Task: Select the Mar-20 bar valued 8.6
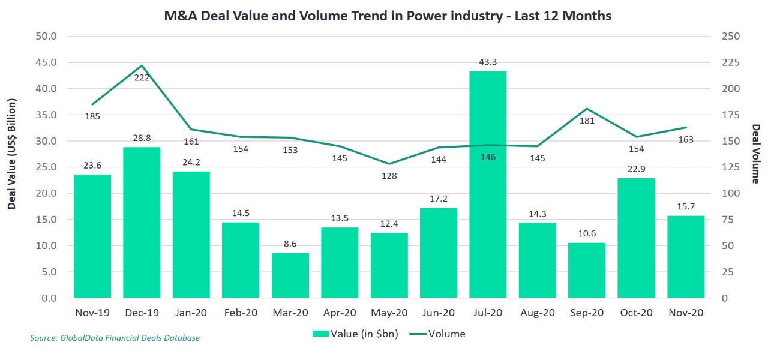tap(290, 275)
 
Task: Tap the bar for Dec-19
tap(142, 223)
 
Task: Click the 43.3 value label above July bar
tap(488, 62)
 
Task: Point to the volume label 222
tap(142, 78)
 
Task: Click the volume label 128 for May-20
tap(389, 176)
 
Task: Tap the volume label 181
tap(587, 121)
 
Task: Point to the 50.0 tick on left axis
tap(46, 36)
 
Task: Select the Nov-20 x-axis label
tap(686, 313)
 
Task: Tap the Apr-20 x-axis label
tap(340, 313)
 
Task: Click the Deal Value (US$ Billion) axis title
tap(12, 154)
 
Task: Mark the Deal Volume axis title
tap(756, 154)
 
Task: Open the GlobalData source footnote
tap(115, 338)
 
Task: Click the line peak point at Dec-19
tap(142, 65)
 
